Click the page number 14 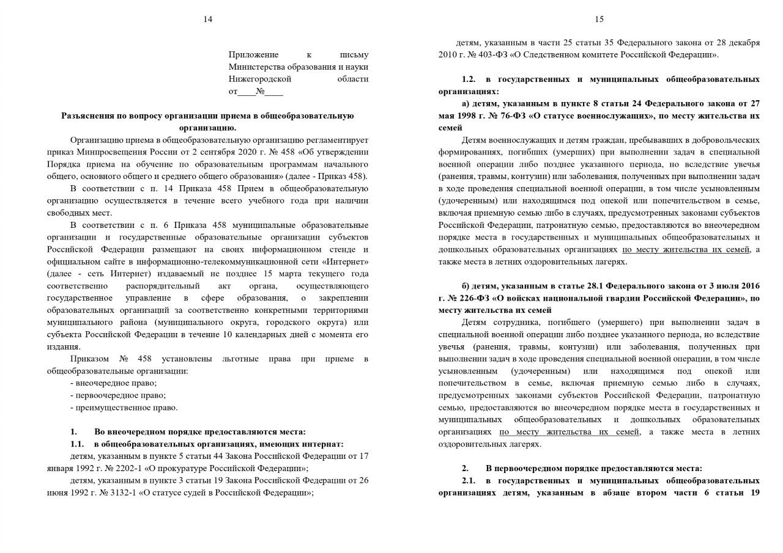[208, 20]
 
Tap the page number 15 [599, 20]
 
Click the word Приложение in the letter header [253, 55]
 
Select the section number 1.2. [469, 79]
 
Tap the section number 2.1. [469, 480]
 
